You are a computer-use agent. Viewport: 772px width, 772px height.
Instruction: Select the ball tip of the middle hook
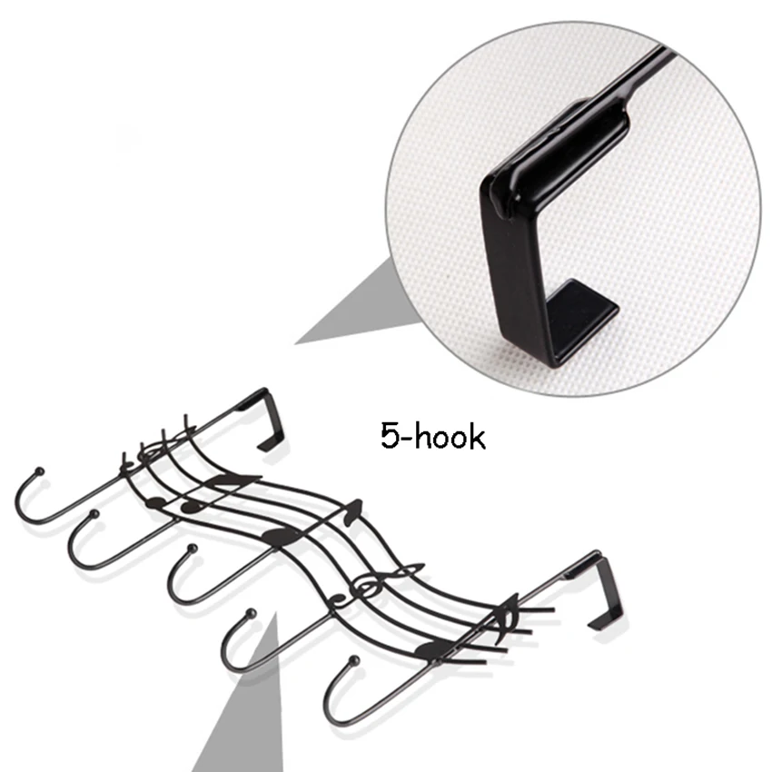point(191,549)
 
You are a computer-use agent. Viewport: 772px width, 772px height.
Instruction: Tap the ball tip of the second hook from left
point(94,516)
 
